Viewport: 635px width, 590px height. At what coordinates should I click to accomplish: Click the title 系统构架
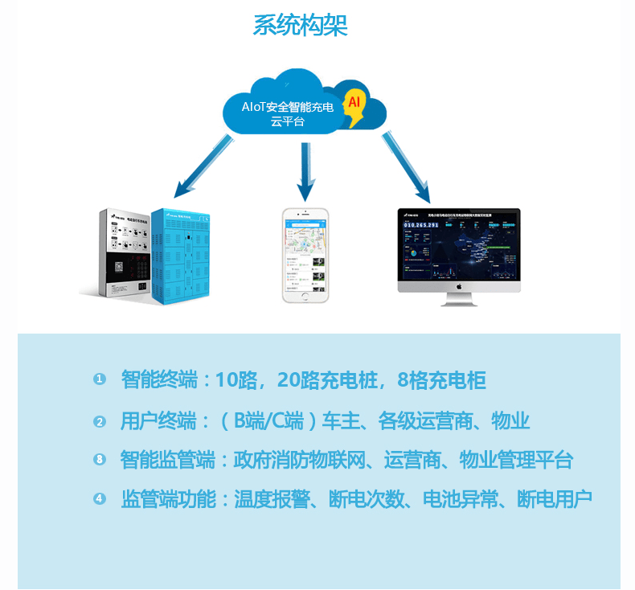[x=300, y=25]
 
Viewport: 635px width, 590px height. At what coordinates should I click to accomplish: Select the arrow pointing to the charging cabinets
[x=202, y=168]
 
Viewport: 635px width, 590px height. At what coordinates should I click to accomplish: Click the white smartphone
[x=305, y=255]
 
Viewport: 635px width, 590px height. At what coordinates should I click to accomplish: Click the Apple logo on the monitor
[x=459, y=285]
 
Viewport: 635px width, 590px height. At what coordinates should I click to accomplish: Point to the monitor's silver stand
[x=459, y=299]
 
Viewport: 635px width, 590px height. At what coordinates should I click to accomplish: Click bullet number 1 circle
[x=100, y=379]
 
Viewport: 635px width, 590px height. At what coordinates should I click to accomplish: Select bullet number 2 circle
[x=100, y=420]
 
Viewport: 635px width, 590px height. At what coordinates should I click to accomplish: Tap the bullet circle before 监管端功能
[x=100, y=499]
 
